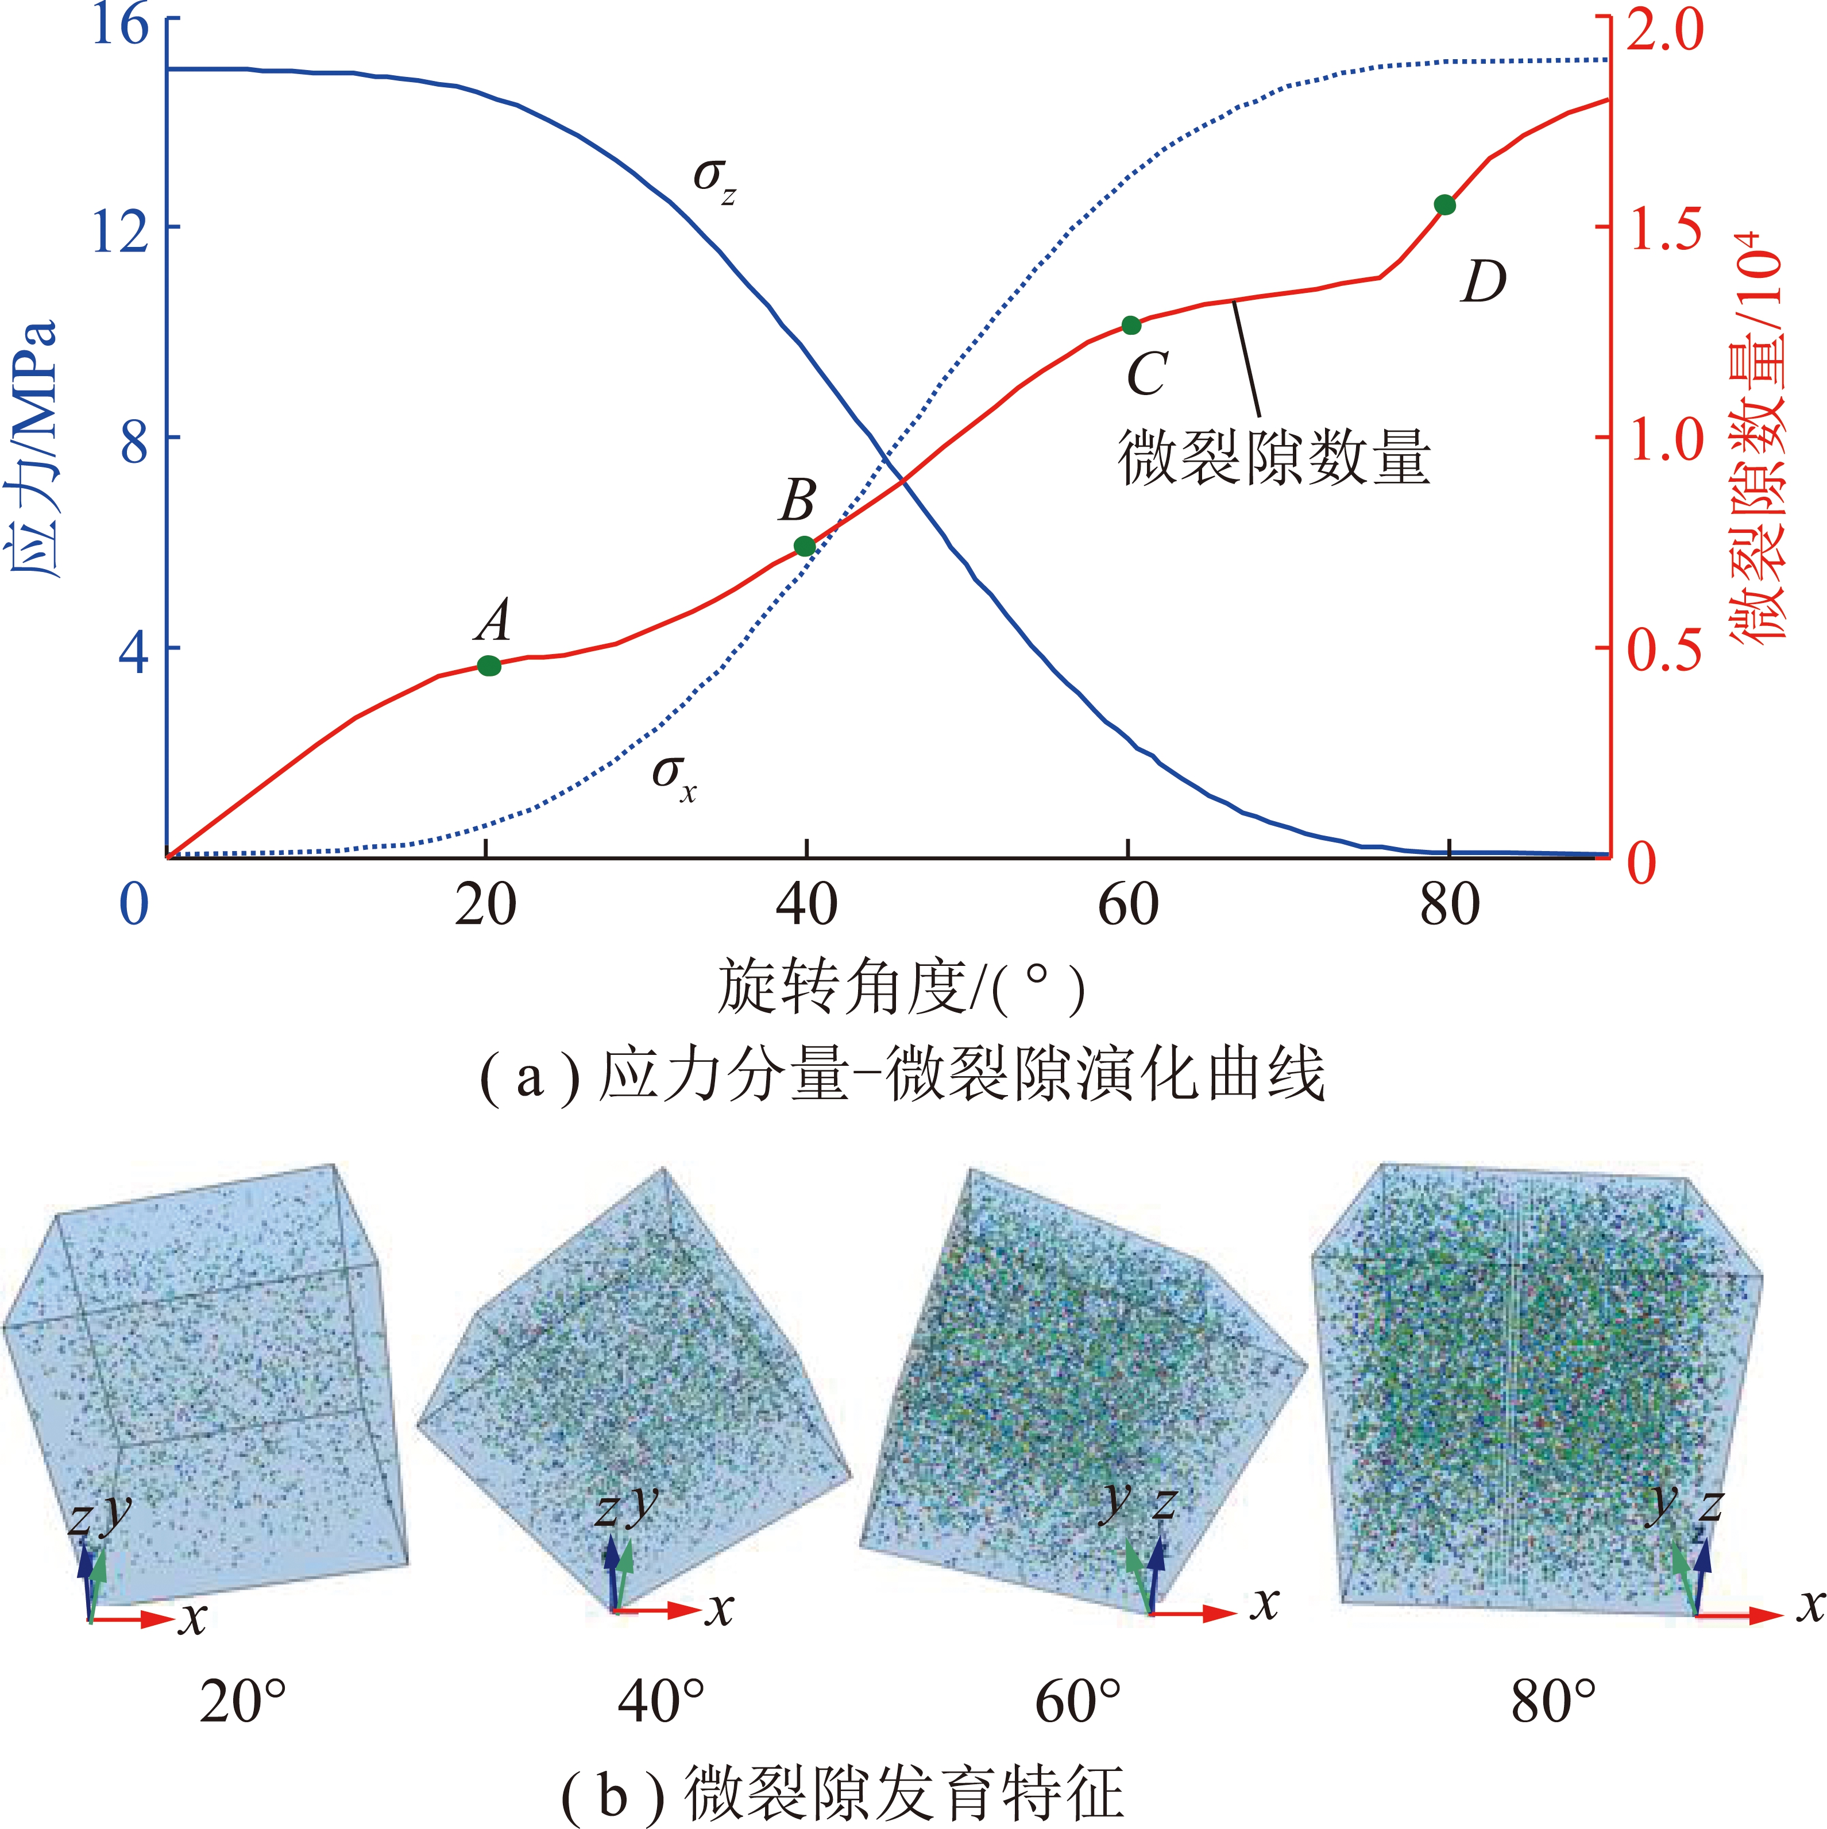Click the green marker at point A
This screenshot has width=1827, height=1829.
tap(488, 666)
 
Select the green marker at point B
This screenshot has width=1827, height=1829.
tap(805, 546)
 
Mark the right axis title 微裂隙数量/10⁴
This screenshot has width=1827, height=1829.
tap(1759, 435)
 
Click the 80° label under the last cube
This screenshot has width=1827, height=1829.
tap(1552, 1701)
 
